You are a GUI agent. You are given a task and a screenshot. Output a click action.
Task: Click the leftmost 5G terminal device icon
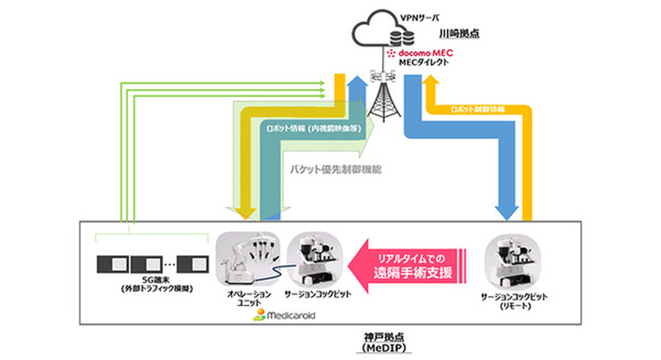click(113, 262)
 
